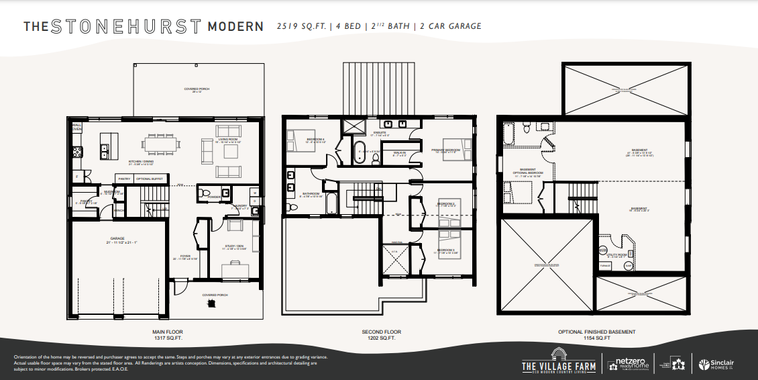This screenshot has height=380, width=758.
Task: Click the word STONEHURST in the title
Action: [125, 27]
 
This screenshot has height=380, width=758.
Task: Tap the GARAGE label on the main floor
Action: [118, 238]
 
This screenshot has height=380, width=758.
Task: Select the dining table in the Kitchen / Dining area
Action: [160, 144]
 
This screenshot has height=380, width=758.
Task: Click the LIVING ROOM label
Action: [228, 140]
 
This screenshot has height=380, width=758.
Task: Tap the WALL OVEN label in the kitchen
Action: [76, 126]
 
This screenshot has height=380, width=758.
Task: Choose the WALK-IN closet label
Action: [399, 152]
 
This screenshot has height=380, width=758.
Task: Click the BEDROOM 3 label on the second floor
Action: [445, 250]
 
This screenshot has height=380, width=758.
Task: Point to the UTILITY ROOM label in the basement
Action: [616, 254]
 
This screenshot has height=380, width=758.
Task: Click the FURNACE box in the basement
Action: [604, 266]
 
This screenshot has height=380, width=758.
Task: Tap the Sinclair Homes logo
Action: [716, 364]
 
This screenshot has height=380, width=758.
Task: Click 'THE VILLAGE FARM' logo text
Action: [558, 365]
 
